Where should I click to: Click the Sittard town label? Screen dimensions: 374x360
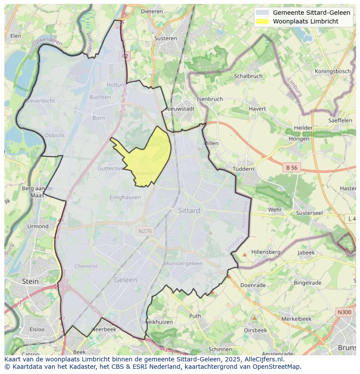[189, 211]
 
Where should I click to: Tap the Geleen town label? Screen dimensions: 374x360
[125, 280]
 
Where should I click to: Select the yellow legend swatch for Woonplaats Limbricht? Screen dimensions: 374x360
[262, 22]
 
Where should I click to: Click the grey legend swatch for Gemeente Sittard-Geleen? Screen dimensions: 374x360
[262, 13]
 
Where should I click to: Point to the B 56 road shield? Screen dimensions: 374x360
[291, 167]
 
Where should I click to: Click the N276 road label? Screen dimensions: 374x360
[145, 231]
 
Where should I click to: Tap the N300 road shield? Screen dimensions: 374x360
[344, 312]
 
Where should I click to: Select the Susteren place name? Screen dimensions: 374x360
[166, 38]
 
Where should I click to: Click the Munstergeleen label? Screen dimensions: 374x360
[183, 264]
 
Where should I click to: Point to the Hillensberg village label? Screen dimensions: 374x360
[266, 252]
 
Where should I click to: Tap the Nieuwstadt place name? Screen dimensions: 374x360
[180, 109]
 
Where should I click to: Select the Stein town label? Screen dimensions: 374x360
[30, 281]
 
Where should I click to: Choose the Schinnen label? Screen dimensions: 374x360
[220, 349]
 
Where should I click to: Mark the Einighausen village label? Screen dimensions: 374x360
[125, 197]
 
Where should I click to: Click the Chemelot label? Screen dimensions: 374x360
[86, 266]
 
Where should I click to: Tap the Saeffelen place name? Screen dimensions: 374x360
[340, 120]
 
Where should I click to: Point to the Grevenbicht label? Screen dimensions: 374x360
[40, 101]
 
